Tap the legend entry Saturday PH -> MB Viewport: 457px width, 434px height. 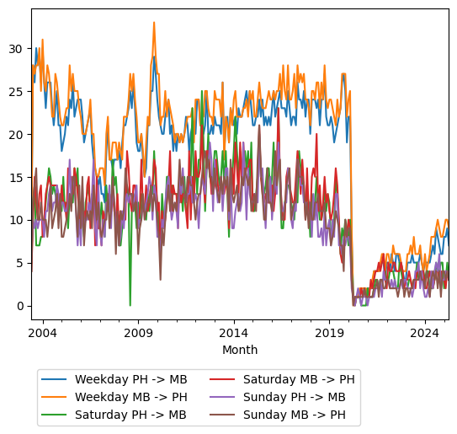(x=130, y=415)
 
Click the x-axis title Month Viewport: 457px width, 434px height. (x=240, y=350)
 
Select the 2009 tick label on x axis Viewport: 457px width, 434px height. (x=138, y=332)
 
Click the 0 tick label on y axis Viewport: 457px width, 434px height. (x=20, y=306)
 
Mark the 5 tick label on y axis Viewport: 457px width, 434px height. (x=20, y=263)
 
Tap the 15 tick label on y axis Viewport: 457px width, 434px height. (x=17, y=177)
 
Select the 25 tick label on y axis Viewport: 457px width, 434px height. (x=17, y=91)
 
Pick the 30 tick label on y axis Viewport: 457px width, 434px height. (x=17, y=48)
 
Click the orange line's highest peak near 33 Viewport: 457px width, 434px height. (x=154, y=23)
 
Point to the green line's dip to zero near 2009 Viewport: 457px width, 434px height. (x=130, y=305)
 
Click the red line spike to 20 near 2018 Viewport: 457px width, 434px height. (x=316, y=134)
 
